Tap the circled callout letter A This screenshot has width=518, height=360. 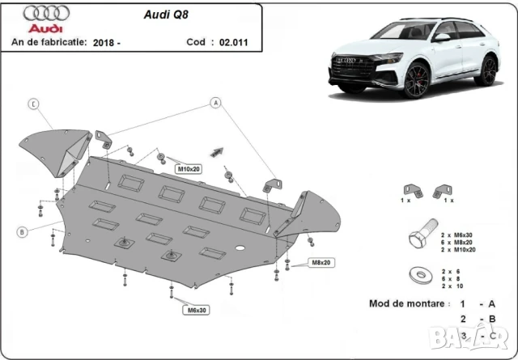click(x=216, y=103)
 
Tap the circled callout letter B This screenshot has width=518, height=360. click(x=23, y=232)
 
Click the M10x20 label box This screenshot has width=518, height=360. click(x=188, y=169)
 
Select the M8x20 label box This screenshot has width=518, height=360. click(x=321, y=263)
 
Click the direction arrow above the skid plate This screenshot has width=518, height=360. click(x=217, y=150)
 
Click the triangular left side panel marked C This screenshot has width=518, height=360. click(x=57, y=150)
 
